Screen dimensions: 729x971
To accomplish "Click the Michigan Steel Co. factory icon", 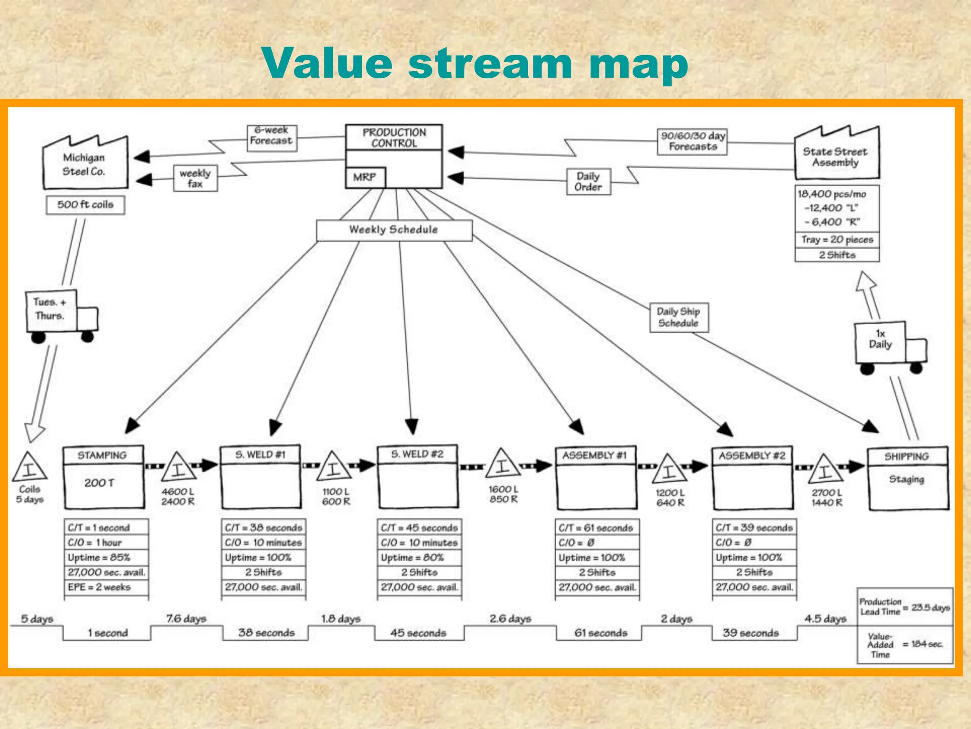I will (x=85, y=164).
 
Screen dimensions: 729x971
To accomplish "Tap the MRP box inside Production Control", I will (x=365, y=178).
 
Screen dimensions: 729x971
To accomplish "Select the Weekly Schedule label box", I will (x=394, y=230).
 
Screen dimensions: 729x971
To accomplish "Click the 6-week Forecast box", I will (x=272, y=138).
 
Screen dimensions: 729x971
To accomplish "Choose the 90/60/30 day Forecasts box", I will (x=692, y=141).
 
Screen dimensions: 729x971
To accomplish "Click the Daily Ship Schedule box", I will (x=678, y=318).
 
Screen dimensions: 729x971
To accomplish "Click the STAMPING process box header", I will (x=102, y=455).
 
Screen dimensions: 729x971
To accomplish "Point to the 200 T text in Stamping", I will (x=99, y=483).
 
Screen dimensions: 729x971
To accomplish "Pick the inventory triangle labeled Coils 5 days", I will (x=30, y=467).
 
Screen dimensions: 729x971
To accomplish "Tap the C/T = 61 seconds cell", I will (x=596, y=528).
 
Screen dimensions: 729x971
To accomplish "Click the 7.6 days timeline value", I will (x=186, y=619).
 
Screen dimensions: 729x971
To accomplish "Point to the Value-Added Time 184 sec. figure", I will (x=926, y=644).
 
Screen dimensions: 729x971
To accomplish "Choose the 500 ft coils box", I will (x=85, y=205).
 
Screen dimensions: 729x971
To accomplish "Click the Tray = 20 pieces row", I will (x=837, y=240).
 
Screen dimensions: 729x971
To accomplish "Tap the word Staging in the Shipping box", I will (x=907, y=479).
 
